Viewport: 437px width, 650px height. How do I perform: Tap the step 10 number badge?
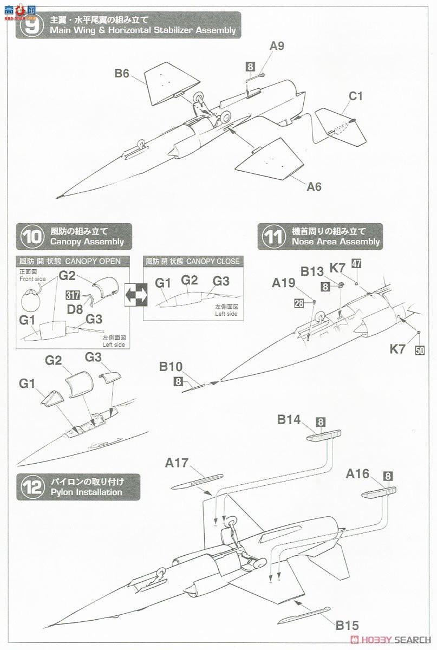coord(31,237)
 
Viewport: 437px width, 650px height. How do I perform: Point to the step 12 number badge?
coord(31,486)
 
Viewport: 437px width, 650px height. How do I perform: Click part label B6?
coord(121,73)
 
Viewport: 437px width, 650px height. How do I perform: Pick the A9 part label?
coord(277,46)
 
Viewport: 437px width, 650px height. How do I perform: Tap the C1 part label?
coord(355,96)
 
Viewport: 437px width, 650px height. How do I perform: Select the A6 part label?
coord(314,187)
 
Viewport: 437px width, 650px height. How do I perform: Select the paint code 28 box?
coord(299,303)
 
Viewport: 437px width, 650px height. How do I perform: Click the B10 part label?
coord(171,367)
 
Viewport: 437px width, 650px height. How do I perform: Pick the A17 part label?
coord(177,463)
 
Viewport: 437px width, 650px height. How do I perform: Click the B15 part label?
coord(347,626)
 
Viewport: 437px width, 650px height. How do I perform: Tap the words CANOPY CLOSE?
coord(212,261)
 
